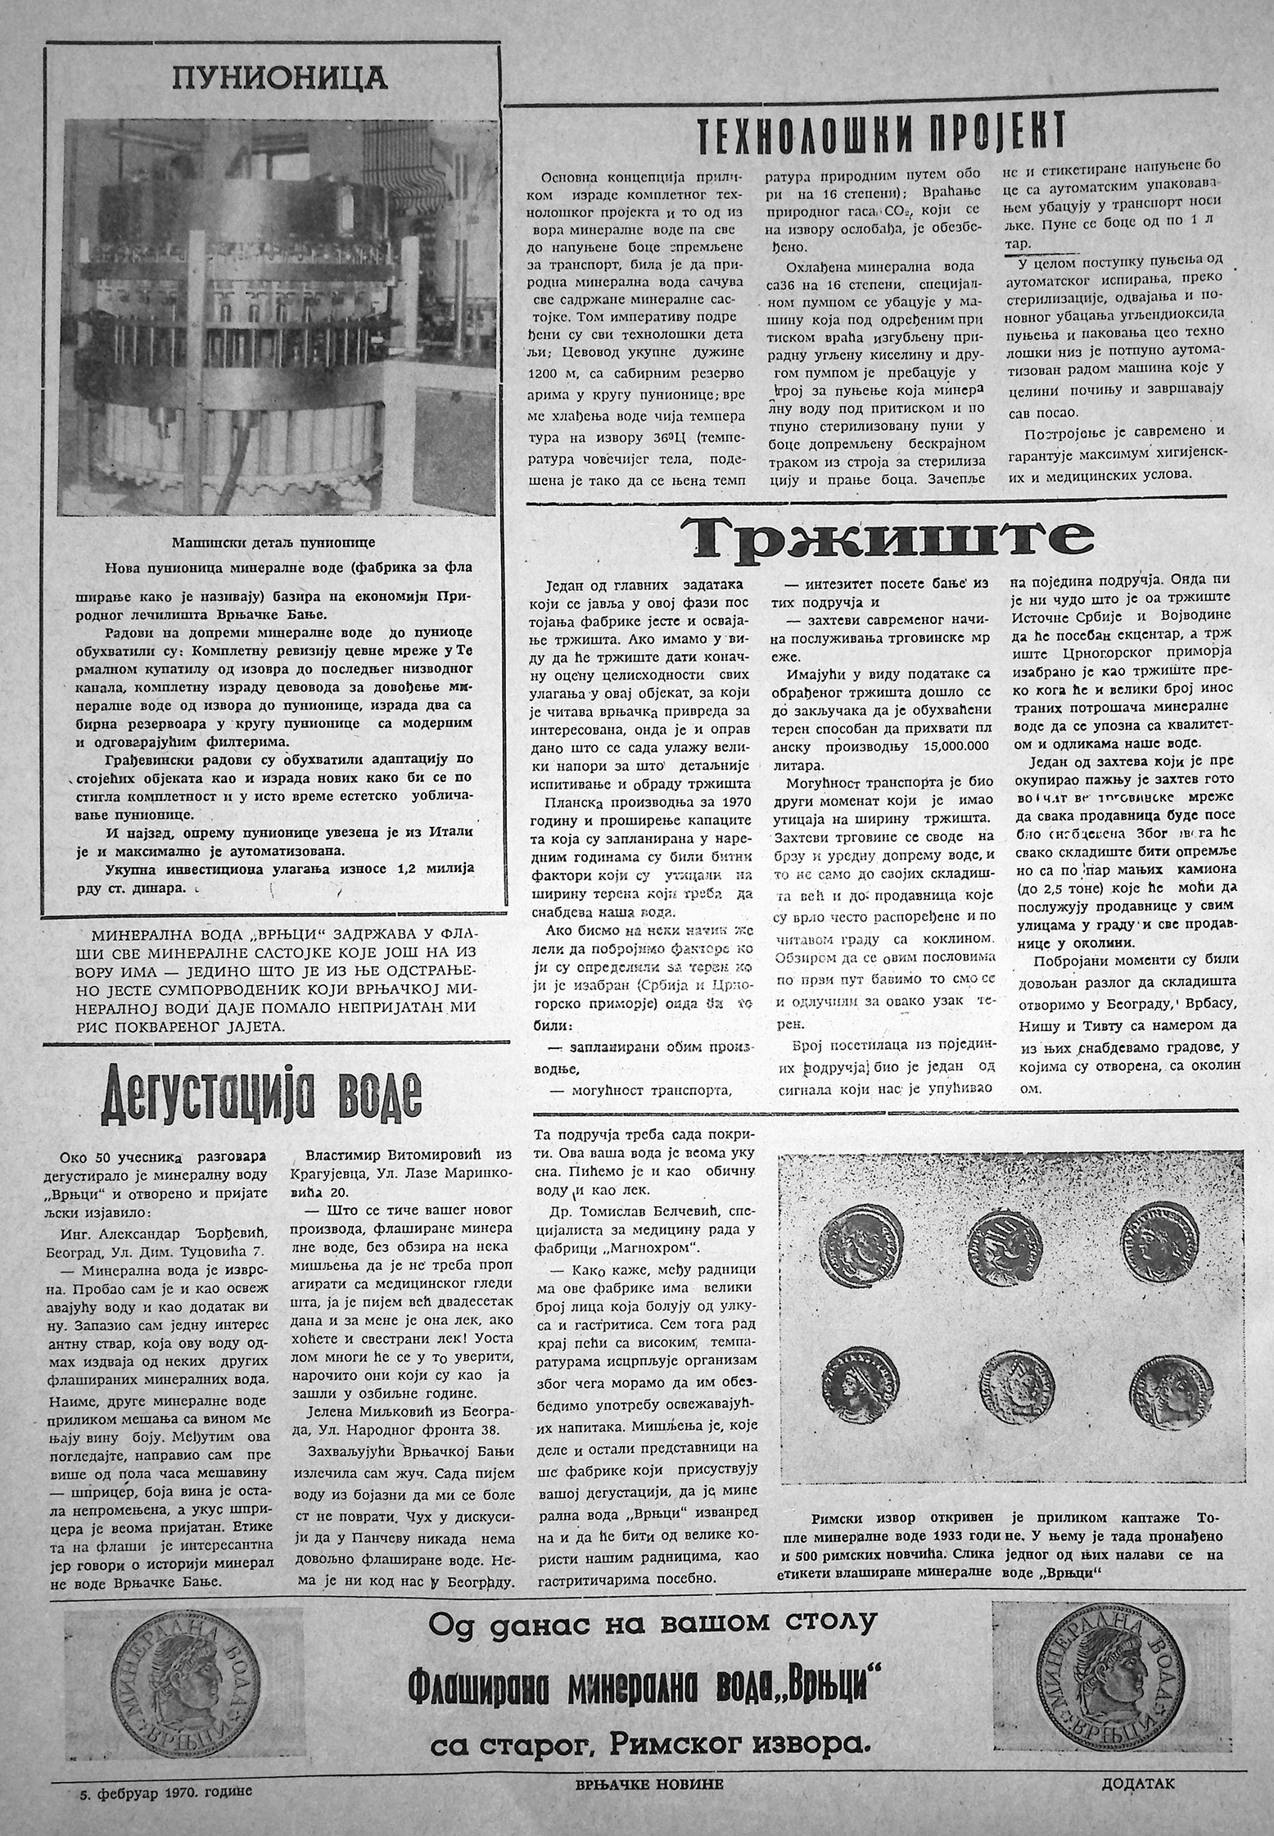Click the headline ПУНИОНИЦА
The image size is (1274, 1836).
(x=279, y=78)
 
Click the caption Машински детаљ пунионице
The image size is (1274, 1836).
(x=273, y=543)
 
